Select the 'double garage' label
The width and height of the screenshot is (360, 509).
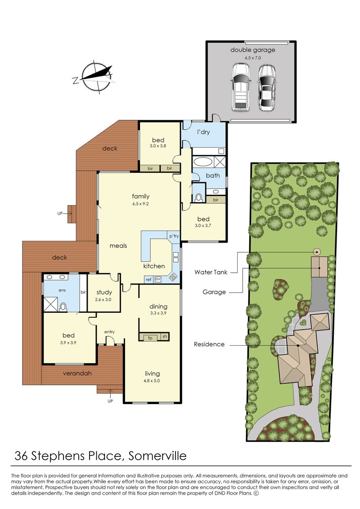pyautogui.click(x=252, y=50)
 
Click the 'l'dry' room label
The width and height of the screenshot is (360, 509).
pyautogui.click(x=203, y=132)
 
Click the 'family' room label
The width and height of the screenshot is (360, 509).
pyautogui.click(x=140, y=196)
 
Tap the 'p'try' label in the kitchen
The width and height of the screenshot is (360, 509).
pyautogui.click(x=174, y=236)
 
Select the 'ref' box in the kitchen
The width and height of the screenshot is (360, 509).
pyautogui.click(x=148, y=279)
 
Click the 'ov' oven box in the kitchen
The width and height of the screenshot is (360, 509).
pyautogui.click(x=158, y=279)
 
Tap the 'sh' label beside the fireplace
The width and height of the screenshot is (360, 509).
pyautogui.click(x=165, y=337)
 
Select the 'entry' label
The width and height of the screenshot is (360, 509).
pyautogui.click(x=110, y=332)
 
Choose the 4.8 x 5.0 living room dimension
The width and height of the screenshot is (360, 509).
pyautogui.click(x=152, y=381)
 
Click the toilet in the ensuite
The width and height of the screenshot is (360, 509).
pyautogui.click(x=63, y=307)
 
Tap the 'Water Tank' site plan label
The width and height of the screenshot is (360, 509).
pyautogui.click(x=211, y=272)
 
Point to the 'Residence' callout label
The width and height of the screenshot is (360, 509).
pyautogui.click(x=209, y=344)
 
